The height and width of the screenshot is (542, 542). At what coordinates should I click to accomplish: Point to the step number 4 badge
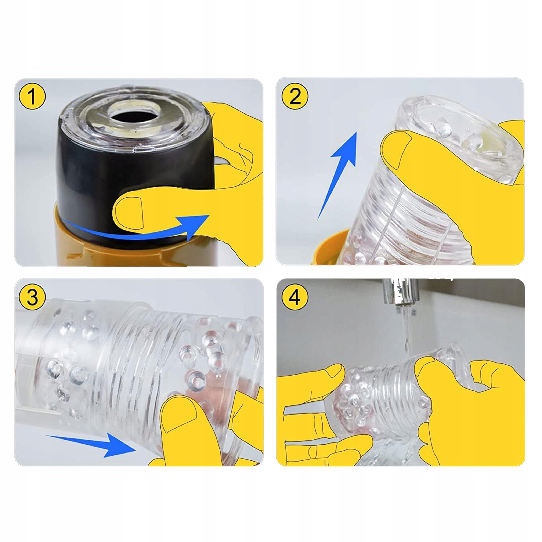coord(294,297)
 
